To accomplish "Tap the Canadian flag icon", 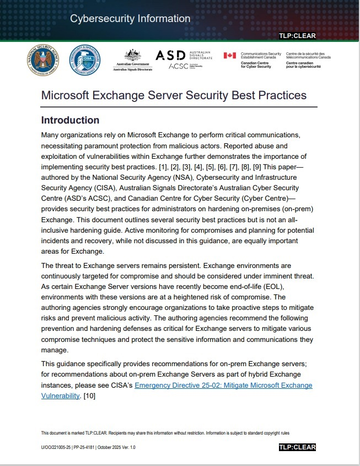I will [x=229, y=55].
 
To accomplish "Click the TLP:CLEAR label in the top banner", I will [x=297, y=36].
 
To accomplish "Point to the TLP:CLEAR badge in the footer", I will [x=297, y=447].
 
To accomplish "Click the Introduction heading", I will [x=70, y=120].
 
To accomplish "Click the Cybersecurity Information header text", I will [x=130, y=19].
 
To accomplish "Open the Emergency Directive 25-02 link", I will [x=223, y=385].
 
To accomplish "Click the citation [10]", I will [x=90, y=395].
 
